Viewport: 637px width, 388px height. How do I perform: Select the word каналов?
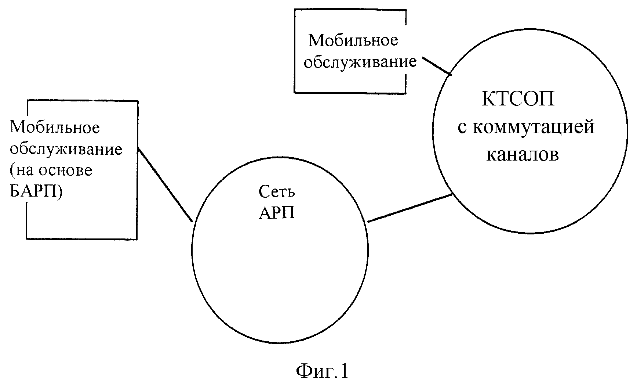(x=523, y=155)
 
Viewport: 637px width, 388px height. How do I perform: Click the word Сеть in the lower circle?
(x=277, y=191)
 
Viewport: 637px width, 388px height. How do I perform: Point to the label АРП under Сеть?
(x=277, y=213)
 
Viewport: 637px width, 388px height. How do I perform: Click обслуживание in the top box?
(x=361, y=62)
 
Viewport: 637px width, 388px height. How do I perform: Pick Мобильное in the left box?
(x=55, y=127)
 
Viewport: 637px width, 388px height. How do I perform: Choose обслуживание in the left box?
(x=66, y=149)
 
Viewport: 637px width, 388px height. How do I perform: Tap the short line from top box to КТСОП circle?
(x=437, y=66)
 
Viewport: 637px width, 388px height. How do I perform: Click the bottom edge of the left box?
(x=81, y=239)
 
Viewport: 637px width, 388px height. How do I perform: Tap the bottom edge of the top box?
(x=350, y=92)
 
